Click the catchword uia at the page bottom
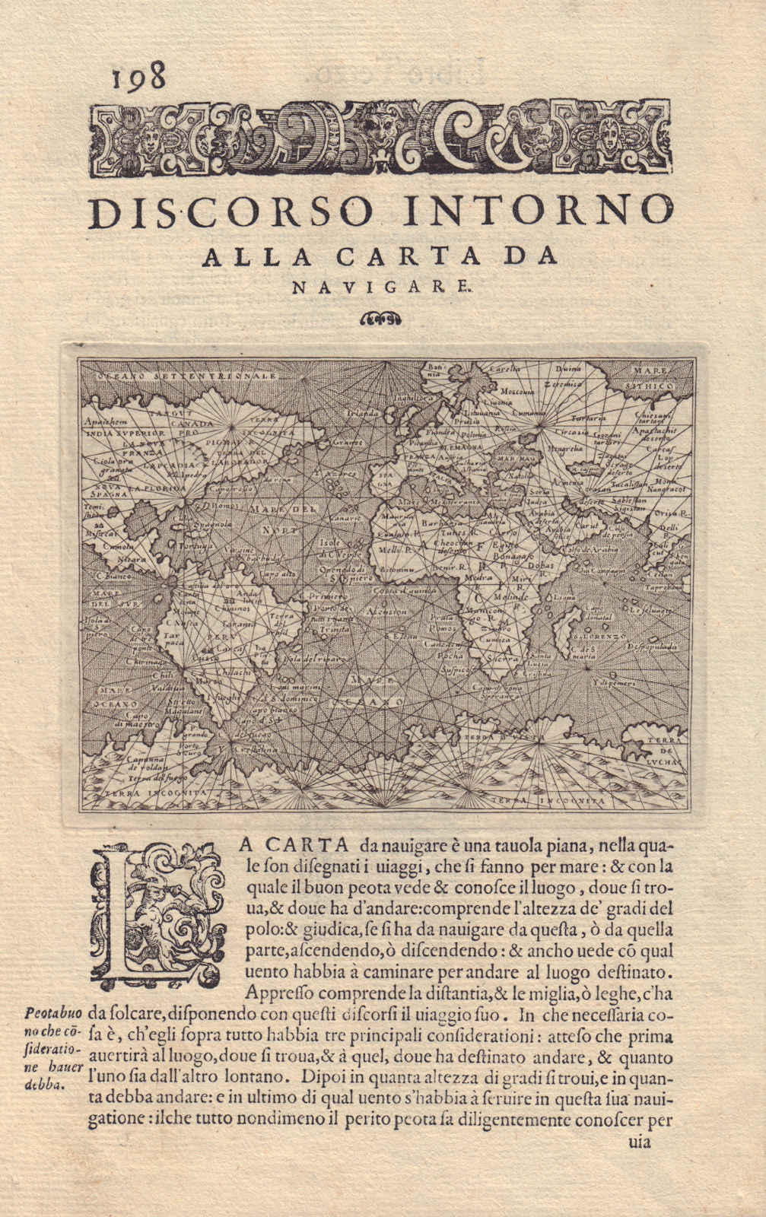point(638,1142)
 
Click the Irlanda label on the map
point(362,412)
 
